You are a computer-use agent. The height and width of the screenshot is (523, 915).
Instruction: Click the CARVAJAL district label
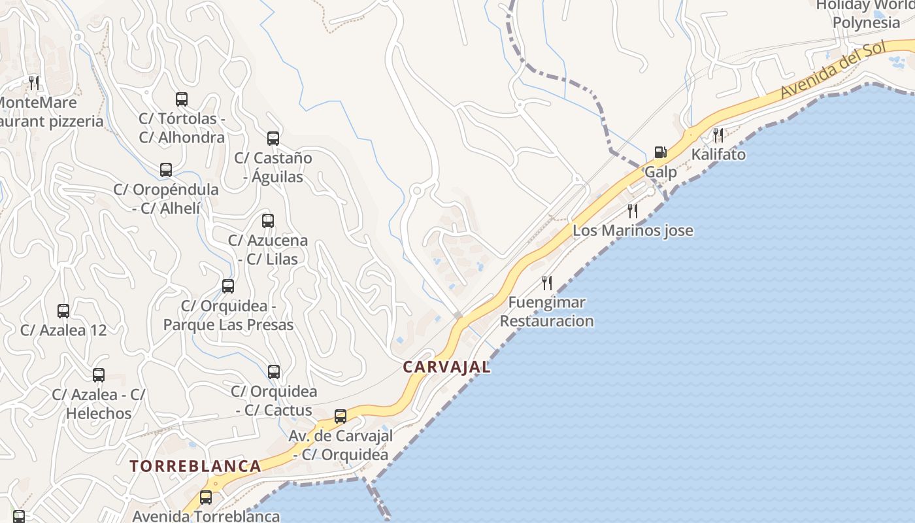coord(446,367)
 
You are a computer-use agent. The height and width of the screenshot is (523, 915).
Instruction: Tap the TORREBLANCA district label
coord(195,466)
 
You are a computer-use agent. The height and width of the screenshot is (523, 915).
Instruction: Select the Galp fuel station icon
coord(661,152)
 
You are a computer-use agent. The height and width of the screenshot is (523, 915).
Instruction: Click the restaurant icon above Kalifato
coord(718,135)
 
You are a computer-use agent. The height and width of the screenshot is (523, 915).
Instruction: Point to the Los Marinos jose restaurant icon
coord(633,211)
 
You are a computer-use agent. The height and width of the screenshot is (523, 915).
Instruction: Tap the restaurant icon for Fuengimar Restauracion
coord(547,282)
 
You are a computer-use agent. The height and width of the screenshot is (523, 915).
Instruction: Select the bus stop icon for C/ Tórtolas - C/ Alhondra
coord(182,99)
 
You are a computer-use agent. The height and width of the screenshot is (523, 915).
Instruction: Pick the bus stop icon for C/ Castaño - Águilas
coord(273,139)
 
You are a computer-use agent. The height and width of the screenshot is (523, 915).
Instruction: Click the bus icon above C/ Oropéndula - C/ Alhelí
coord(166,170)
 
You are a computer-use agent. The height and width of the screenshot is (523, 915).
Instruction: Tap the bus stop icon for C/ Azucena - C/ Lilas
coord(268,221)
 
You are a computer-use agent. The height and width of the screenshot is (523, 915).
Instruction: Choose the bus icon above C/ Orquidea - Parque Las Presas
coord(228,286)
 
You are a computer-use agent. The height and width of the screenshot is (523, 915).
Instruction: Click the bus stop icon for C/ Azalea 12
coord(63,311)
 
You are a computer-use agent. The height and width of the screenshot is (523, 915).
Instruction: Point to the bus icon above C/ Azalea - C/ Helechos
coord(99,375)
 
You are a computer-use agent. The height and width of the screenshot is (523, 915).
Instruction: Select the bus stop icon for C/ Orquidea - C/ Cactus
coord(274,372)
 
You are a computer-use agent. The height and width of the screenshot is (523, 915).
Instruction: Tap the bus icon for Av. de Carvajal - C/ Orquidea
coord(341,416)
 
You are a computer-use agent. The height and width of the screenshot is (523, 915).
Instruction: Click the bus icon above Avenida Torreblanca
coord(206,498)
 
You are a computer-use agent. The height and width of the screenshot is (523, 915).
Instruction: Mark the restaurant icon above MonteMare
coord(34,82)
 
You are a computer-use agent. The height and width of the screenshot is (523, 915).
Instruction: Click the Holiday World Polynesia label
coord(866,14)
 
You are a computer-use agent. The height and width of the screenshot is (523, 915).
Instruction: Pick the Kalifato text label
coord(718,155)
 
